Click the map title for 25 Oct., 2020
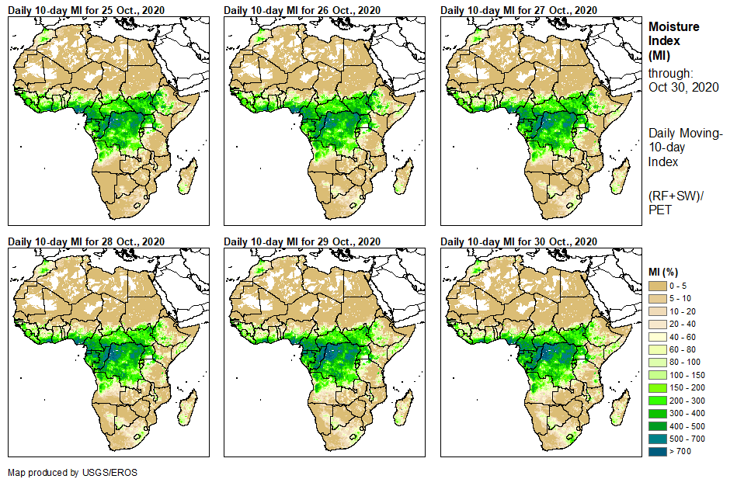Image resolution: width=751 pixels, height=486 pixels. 86,10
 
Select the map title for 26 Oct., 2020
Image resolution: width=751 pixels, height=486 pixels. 302,10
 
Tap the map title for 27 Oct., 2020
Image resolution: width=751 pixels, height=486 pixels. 519,10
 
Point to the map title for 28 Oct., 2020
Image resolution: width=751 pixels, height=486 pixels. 86,241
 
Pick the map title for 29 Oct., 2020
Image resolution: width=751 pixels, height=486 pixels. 302,241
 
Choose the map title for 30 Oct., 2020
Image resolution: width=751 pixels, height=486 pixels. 519,241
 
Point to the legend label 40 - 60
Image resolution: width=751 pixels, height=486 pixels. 683,337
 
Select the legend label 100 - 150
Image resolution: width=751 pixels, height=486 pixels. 687,375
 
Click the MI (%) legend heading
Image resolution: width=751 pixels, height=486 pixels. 665,272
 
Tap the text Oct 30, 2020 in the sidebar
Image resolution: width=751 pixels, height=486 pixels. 683,87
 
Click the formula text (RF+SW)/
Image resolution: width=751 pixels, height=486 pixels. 676,195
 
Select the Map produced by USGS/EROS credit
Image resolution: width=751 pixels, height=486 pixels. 72,472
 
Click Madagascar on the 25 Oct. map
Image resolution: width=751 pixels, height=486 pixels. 186,178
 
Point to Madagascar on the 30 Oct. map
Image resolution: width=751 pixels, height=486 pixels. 618,409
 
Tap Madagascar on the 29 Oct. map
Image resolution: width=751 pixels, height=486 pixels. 402,409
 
